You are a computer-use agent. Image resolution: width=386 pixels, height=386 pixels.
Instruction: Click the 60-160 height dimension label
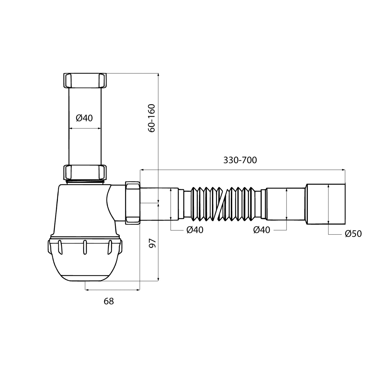click(152, 118)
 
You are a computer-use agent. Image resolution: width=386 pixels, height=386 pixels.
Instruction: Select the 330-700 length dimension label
click(240, 160)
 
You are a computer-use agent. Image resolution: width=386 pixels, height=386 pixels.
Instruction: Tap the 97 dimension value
click(153, 243)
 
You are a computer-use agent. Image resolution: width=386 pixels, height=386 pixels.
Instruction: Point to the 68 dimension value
click(109, 301)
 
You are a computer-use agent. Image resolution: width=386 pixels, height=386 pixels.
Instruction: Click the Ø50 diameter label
click(353, 234)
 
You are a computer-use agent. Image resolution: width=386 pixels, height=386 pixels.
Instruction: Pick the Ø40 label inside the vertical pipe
click(84, 118)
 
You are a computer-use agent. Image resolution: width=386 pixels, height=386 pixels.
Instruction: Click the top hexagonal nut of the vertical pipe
click(85, 81)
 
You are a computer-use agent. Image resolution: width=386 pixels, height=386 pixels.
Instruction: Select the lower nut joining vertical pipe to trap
click(85, 172)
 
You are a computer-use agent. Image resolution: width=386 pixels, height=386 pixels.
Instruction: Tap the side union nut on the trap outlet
click(133, 203)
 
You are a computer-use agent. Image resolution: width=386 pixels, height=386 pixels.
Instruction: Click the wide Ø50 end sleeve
click(325, 204)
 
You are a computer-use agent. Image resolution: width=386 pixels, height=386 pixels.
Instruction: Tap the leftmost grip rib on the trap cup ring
click(60, 247)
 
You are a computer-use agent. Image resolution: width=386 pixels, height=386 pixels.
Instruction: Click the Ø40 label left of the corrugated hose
click(195, 230)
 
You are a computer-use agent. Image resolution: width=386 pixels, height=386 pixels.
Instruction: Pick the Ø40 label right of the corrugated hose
click(262, 230)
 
